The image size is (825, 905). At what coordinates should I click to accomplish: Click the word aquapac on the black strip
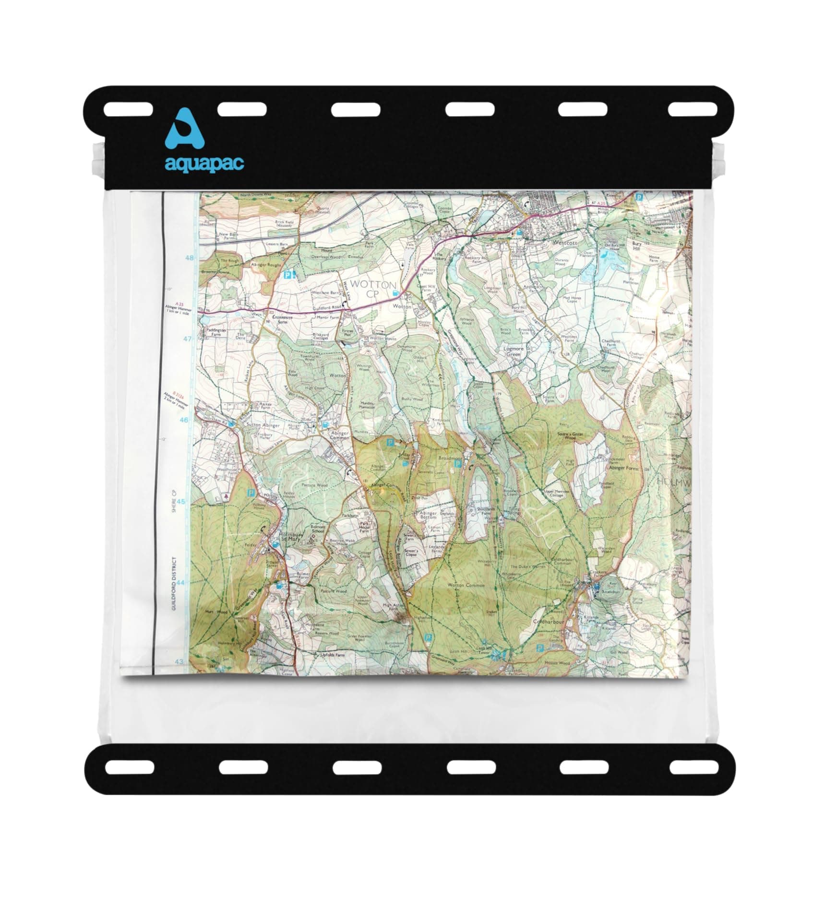click(204, 163)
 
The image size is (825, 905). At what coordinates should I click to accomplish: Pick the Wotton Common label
click(466, 585)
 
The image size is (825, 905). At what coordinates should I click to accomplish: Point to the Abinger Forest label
click(624, 467)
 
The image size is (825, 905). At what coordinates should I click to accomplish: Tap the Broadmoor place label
click(450, 458)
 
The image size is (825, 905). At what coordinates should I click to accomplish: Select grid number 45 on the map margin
click(181, 502)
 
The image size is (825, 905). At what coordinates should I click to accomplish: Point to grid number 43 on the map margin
click(179, 662)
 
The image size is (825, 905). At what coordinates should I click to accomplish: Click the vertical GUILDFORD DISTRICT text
click(174, 584)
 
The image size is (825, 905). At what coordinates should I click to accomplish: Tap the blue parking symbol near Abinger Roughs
click(287, 275)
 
